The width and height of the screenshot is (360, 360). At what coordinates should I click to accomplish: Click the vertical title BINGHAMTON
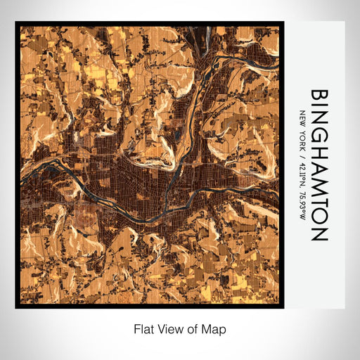coord(319,165)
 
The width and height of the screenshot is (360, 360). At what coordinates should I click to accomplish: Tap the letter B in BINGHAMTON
coord(319,96)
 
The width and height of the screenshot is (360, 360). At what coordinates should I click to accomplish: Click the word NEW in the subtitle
coord(302,117)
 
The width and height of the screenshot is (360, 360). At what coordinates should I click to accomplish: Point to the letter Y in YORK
coord(302,129)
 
